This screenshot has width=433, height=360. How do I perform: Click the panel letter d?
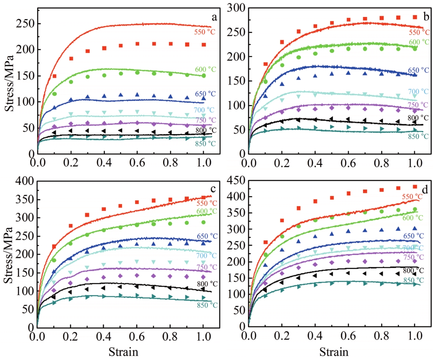tap(425, 191)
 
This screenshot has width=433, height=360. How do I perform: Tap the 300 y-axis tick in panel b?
tap(236, 8)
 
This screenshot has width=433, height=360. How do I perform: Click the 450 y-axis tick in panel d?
tap(236, 181)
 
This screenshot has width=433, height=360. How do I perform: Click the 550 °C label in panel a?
tap(204, 32)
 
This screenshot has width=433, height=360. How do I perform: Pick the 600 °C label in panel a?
tap(205, 70)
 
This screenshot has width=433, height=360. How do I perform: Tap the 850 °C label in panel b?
tap(418, 137)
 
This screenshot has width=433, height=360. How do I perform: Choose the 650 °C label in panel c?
tap(207, 236)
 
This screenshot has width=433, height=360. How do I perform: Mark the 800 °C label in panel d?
tap(413, 271)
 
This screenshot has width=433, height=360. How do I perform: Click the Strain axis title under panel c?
tap(123, 352)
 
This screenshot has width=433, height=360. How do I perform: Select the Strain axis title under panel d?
tap(334, 352)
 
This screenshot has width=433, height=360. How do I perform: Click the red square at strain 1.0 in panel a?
tap(204, 45)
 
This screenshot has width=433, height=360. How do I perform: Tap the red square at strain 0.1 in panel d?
tap(266, 242)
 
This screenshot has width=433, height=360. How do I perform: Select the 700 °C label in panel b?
tap(418, 92)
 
